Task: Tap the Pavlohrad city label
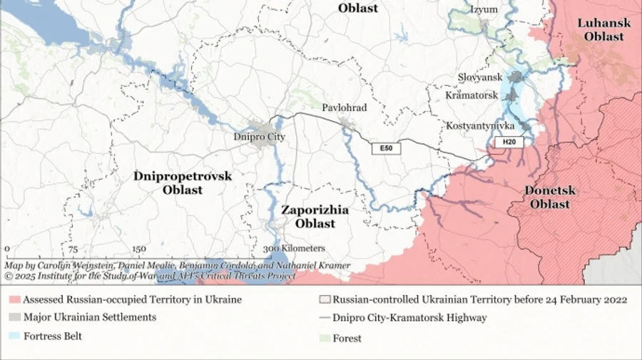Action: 344,108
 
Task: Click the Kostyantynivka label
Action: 480,125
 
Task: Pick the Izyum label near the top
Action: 484,9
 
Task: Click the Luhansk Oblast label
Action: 603,29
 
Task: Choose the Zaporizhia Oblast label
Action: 315,217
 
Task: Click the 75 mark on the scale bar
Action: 73,249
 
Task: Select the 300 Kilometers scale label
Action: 293,249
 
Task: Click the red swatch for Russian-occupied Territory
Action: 14,299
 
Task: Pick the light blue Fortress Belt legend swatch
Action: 14,336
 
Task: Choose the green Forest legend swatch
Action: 324,338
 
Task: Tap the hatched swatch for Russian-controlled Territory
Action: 324,299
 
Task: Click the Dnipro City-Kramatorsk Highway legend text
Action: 409,318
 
